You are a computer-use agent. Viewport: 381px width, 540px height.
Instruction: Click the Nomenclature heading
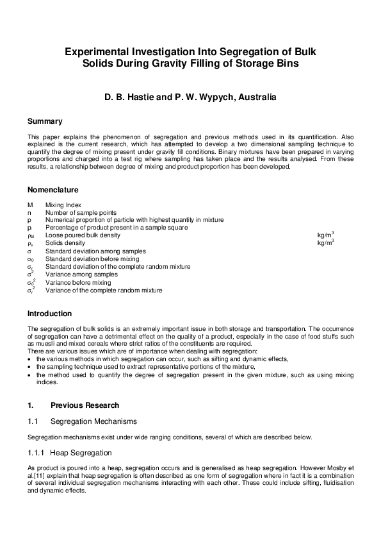click(53, 190)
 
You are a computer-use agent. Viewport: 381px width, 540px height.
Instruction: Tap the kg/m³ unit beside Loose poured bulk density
click(325, 235)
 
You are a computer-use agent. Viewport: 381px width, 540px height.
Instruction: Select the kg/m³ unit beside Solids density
click(325, 243)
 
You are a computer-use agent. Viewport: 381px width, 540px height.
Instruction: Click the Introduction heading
click(49, 314)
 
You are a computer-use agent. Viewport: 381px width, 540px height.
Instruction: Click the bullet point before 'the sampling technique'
click(30, 367)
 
